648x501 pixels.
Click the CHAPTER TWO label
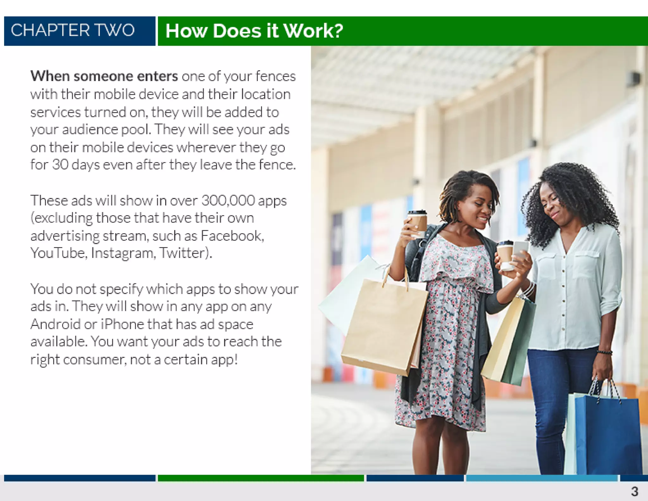(73, 30)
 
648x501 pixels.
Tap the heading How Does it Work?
(254, 31)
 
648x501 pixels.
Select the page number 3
(634, 491)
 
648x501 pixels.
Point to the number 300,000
(228, 200)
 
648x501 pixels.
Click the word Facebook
(232, 236)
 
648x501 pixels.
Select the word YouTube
(59, 253)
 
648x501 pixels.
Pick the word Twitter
(185, 253)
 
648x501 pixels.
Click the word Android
(55, 324)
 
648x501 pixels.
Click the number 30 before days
(60, 165)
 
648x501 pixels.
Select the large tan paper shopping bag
(384, 326)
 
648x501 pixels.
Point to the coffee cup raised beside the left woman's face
(417, 223)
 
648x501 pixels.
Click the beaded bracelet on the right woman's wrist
(605, 352)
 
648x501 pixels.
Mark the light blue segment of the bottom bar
(542, 478)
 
